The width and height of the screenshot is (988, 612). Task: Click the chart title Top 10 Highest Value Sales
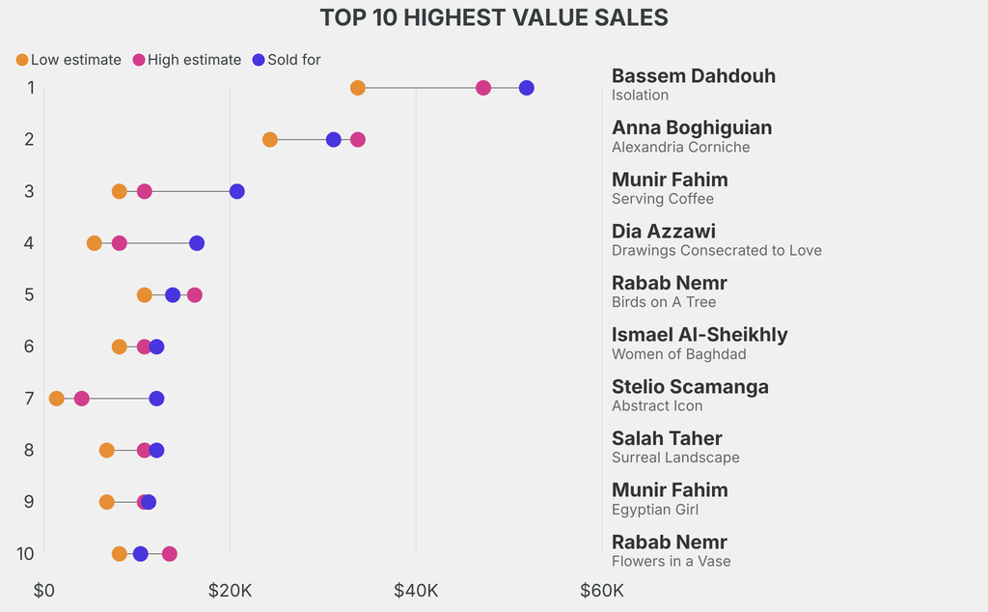pos(494,17)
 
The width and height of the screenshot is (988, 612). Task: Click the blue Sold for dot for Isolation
pos(526,88)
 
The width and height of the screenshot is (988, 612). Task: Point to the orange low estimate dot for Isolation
pos(358,88)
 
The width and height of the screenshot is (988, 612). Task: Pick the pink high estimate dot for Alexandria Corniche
pos(358,140)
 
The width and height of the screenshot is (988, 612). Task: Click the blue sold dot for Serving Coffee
pos(237,191)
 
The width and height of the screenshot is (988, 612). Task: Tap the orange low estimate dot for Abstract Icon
pos(57,399)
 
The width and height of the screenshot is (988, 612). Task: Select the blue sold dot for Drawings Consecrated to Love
pos(197,243)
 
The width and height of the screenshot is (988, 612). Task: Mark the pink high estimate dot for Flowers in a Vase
pos(170,554)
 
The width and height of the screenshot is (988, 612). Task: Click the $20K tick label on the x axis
pos(230,590)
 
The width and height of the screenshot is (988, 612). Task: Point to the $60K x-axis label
pos(601,590)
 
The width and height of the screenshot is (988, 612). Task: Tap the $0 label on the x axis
pos(43,590)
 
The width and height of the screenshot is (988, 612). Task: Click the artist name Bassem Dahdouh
pos(693,76)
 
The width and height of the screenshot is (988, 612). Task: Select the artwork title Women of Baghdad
pos(678,354)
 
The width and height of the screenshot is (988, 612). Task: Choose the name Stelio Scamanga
pos(690,387)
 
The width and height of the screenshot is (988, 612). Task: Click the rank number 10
pos(26,554)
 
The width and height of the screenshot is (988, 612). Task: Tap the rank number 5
pos(29,294)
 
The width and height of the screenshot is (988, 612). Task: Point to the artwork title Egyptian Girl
pos(654,510)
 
